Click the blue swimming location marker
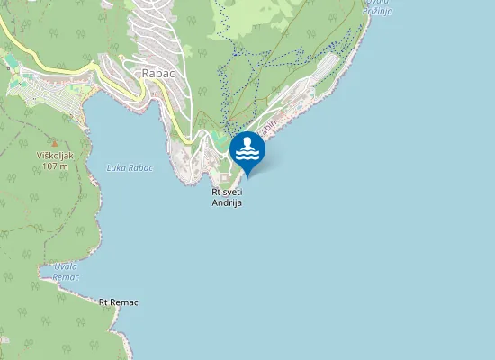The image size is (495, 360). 247,151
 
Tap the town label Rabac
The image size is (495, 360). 157,73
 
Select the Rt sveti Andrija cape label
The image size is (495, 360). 228,197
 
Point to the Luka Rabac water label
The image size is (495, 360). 130,167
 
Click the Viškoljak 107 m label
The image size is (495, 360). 55,161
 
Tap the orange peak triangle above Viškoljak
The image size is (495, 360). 54,143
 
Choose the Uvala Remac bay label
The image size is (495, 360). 66,271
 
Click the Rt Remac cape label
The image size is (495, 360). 119,301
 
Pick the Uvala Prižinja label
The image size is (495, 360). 378,7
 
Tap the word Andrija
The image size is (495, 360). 228,202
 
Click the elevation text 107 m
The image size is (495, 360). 55,167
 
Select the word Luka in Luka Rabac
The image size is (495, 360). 116,167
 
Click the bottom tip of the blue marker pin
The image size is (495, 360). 247,175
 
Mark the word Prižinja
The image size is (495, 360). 378,11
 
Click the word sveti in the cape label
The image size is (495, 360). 233,192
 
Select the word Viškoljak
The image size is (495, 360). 55,156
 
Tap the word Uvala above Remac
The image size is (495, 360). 65,265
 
